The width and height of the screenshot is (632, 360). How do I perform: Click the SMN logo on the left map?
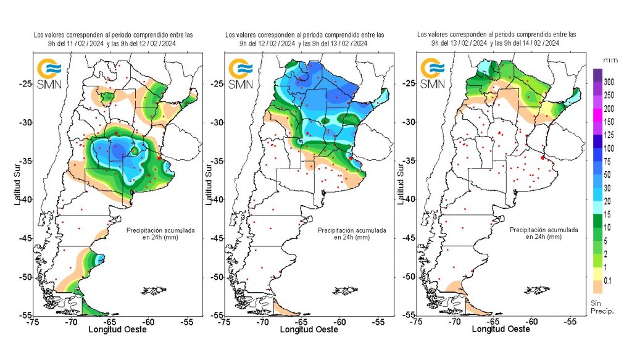(x=49, y=73)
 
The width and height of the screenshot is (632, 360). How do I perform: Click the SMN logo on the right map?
(x=432, y=73)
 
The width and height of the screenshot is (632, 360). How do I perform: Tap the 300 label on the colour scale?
(x=609, y=82)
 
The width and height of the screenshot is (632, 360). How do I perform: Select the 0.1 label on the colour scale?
(x=608, y=281)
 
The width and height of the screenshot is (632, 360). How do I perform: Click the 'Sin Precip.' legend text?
(x=602, y=306)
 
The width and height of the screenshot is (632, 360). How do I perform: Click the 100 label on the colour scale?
(x=609, y=148)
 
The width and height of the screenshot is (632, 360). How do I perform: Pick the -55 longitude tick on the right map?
(x=570, y=321)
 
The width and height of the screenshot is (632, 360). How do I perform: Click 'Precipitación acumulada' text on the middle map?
(x=352, y=230)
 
